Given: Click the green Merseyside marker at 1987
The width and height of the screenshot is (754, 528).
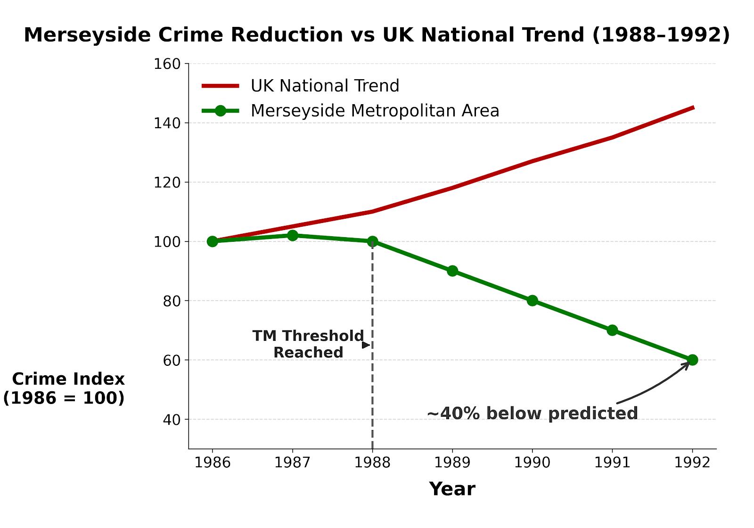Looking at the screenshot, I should tap(293, 235).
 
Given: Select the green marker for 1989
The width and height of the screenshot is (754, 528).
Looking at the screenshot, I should tap(452, 271).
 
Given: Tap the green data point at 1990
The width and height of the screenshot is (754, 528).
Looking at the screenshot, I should tap(533, 300).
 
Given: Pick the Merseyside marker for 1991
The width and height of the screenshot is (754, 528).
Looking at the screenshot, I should tap(612, 330).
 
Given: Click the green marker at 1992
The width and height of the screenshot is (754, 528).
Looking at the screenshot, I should tap(692, 360).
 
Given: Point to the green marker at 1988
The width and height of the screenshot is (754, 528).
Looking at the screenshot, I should tap(372, 241).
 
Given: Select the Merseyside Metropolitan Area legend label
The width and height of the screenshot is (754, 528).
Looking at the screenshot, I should tap(375, 111).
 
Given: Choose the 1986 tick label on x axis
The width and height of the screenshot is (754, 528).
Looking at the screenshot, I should tap(213, 462).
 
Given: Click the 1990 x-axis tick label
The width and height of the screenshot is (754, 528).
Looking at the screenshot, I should tap(533, 462).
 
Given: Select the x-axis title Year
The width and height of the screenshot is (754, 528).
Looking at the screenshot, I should tap(452, 489).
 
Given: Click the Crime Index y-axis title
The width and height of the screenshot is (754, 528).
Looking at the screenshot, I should tap(65, 388).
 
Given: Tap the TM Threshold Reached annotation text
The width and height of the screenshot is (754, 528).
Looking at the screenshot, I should tap(308, 344).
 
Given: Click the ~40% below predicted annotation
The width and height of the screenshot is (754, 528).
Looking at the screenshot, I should tap(532, 413).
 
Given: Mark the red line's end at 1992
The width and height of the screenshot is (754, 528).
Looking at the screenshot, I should tap(692, 108).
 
